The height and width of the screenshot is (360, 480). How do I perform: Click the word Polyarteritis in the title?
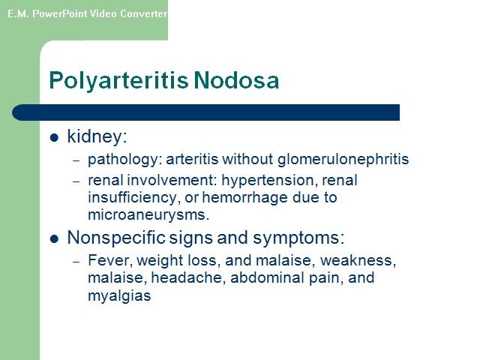pyautogui.click(x=118, y=81)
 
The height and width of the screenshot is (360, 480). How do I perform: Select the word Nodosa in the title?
pyautogui.click(x=236, y=80)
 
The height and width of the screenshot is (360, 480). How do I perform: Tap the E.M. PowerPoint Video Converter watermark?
pyautogui.click(x=87, y=13)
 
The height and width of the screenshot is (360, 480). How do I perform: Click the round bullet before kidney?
pyautogui.click(x=54, y=137)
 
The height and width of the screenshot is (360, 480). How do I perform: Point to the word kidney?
pyautogui.click(x=97, y=136)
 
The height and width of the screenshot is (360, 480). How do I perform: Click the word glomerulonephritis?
pyautogui.click(x=343, y=160)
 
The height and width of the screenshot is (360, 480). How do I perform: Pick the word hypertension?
pyautogui.click(x=269, y=180)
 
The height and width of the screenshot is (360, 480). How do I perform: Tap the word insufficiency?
pyautogui.click(x=132, y=197)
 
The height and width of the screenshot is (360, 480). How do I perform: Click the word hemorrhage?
pyautogui.click(x=245, y=197)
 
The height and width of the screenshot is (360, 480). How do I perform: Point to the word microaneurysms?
pyautogui.click(x=148, y=214)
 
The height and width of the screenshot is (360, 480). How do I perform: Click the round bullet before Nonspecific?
pyautogui.click(x=54, y=238)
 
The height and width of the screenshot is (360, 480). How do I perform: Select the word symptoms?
pyautogui.click(x=298, y=238)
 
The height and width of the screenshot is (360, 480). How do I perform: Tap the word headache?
pyautogui.click(x=188, y=277)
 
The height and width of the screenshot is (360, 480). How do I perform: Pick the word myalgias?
pyautogui.click(x=119, y=295)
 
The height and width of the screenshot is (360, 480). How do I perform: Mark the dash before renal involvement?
pyautogui.click(x=76, y=181)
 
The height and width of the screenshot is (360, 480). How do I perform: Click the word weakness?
pyautogui.click(x=358, y=260)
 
